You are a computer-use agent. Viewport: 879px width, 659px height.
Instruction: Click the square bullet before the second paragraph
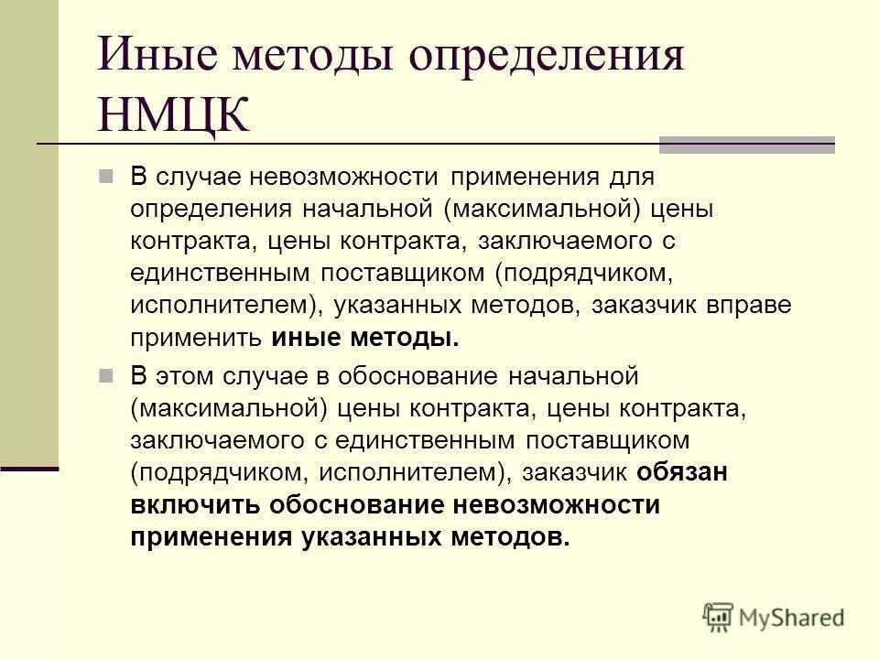pos(105,375)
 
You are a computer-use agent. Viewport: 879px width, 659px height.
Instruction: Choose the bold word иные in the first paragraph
pos(303,337)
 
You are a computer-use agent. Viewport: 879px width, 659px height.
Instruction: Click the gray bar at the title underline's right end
pos(747,145)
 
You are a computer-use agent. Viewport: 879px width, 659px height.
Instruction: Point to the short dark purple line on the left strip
pos(28,468)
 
